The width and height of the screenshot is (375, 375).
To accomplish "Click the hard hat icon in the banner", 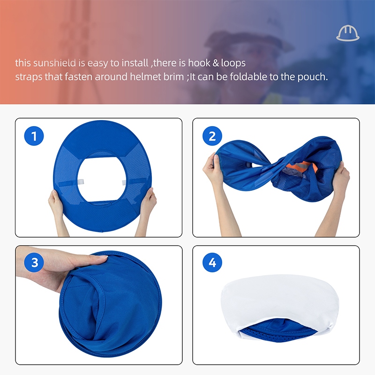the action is click(347, 33).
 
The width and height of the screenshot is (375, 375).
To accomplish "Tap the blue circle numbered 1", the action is click(34, 136).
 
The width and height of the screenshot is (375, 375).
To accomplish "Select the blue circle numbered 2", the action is click(212, 136).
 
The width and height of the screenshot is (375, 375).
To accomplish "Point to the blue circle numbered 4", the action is click(212, 262).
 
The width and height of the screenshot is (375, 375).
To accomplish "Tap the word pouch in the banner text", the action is click(313, 77).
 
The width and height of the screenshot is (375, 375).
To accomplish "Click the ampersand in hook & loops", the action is click(216, 63).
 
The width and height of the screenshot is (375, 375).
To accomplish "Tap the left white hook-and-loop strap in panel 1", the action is click(80, 182).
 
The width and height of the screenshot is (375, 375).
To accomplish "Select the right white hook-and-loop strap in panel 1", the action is click(124, 183).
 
